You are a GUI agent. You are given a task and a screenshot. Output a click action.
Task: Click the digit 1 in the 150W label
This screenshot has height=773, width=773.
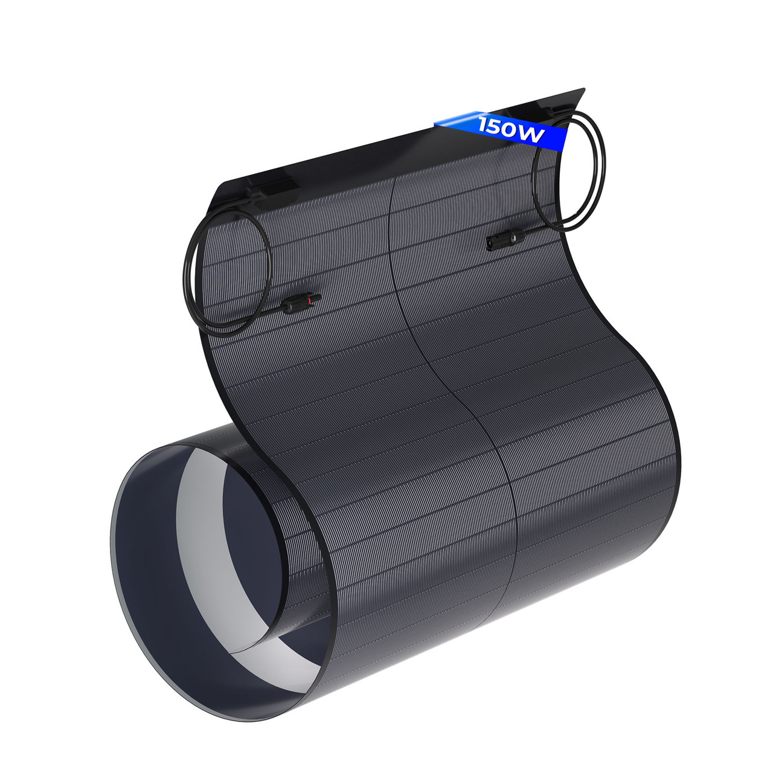tap(483, 123)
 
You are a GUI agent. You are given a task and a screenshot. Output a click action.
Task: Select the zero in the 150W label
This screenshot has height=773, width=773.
tap(510, 130)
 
